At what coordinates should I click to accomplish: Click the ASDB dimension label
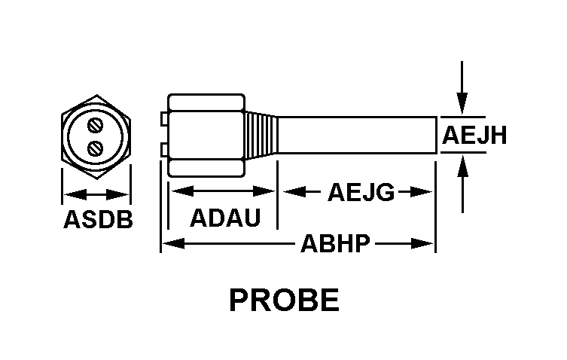[98, 219]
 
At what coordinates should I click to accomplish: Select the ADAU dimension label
[225, 218]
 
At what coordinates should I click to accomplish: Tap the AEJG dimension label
[361, 192]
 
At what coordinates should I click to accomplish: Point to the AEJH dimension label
[474, 136]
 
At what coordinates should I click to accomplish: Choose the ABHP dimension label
[335, 243]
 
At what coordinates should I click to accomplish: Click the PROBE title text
[284, 300]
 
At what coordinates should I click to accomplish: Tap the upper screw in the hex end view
[96, 126]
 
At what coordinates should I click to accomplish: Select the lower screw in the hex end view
[96, 148]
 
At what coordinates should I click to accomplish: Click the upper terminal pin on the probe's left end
[165, 119]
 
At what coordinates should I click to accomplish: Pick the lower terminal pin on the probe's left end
[165, 150]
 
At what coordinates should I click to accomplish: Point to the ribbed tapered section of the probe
[261, 136]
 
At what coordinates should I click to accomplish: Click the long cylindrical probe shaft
[357, 136]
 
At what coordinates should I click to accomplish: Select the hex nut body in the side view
[206, 136]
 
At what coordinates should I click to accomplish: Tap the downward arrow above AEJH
[462, 88]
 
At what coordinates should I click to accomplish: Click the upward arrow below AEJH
[462, 185]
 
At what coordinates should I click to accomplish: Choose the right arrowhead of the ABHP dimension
[422, 243]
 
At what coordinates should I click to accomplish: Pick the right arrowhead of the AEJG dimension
[421, 192]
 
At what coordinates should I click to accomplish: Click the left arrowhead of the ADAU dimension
[183, 191]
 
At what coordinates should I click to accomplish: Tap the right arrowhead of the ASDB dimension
[117, 194]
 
